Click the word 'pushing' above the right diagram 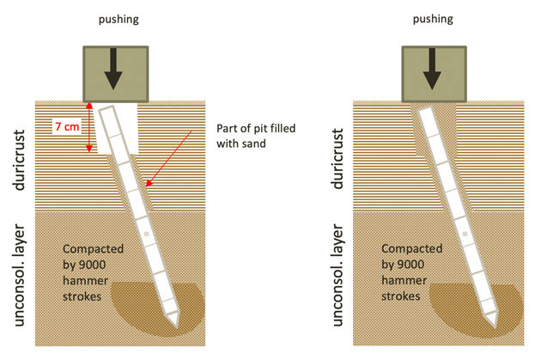click(x=434, y=17)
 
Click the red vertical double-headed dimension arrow click(x=88, y=129)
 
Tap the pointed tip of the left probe click(x=175, y=324)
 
